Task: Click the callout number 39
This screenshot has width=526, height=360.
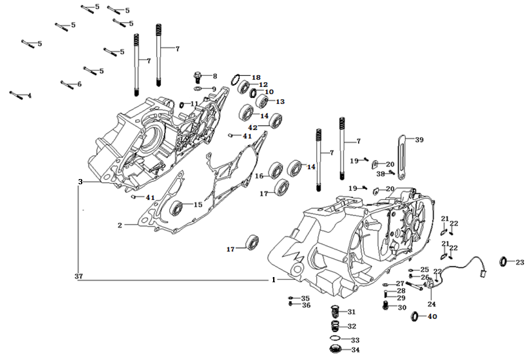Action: click(419, 140)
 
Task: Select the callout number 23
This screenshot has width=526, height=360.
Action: click(519, 263)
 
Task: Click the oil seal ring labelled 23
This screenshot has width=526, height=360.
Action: click(504, 262)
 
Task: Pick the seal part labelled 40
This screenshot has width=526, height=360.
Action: click(414, 318)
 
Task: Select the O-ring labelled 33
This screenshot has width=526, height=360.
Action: click(335, 339)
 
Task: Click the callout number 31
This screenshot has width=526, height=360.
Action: click(351, 312)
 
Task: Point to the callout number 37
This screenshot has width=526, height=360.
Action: click(79, 277)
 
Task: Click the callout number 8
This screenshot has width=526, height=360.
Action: click(214, 76)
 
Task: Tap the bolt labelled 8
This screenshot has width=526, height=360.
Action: click(198, 76)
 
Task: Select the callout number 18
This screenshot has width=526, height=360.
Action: click(255, 77)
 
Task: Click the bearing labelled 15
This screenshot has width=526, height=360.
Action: click(177, 208)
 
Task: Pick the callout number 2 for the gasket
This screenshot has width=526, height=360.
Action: click(120, 226)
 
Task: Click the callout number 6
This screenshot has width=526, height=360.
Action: click(79, 84)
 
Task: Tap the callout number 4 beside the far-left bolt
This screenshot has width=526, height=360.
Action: click(29, 96)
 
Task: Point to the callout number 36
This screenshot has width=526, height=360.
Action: click(306, 305)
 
